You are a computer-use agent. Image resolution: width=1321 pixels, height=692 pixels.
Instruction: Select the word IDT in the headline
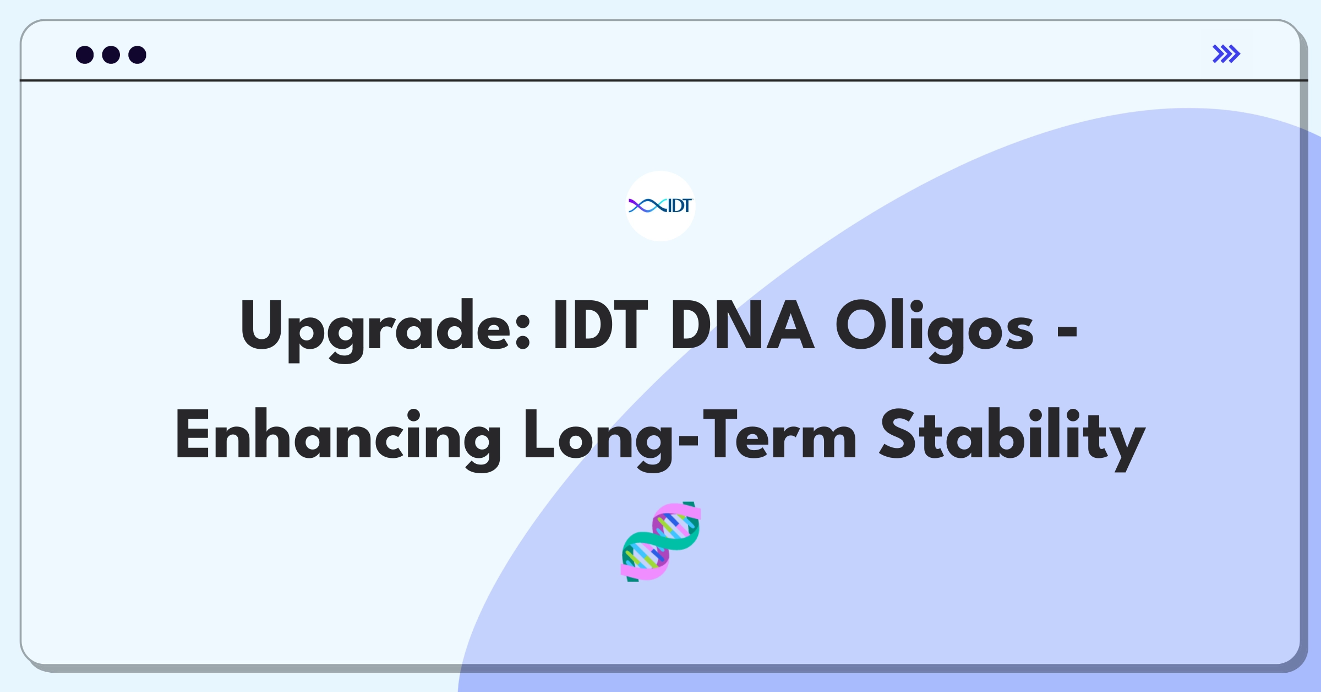[x=601, y=326]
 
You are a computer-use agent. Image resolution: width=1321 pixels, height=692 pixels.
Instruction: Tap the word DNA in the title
[x=741, y=326]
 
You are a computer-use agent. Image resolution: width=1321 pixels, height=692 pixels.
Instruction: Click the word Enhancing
[x=337, y=436]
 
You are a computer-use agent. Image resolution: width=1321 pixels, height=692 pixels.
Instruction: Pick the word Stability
[x=1012, y=436]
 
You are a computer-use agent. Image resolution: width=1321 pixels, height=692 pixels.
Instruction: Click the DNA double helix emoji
[x=660, y=542]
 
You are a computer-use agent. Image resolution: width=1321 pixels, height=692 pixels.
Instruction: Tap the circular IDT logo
[x=660, y=206]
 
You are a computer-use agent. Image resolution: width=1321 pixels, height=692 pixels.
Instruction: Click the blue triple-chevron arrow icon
[x=1226, y=54]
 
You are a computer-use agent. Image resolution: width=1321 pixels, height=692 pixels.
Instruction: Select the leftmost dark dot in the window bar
[x=85, y=55]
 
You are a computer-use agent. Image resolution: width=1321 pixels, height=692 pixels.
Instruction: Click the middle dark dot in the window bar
[x=111, y=55]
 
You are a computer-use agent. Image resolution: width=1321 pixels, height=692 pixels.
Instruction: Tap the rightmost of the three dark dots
[x=137, y=55]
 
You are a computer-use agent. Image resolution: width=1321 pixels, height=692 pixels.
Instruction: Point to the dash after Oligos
[x=1067, y=331]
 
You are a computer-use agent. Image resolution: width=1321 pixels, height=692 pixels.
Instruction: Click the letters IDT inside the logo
[x=679, y=206]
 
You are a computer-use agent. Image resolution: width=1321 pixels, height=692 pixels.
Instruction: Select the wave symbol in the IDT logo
[x=647, y=206]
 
